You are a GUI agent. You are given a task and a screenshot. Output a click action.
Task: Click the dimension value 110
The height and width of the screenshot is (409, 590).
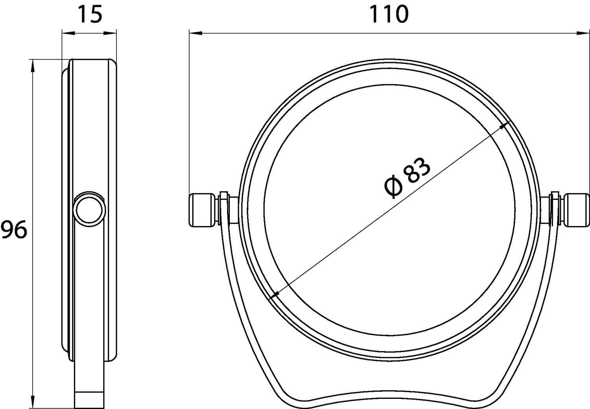coord(389,14)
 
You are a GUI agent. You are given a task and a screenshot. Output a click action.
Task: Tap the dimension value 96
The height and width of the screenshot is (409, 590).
coord(14,229)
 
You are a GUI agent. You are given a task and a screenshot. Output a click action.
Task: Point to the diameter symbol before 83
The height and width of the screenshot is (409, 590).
coord(393,187)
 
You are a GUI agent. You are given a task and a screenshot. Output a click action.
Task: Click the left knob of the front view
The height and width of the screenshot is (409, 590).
coord(202,210)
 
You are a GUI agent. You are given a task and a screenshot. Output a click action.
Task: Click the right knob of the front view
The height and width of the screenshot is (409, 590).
coord(577,210)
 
